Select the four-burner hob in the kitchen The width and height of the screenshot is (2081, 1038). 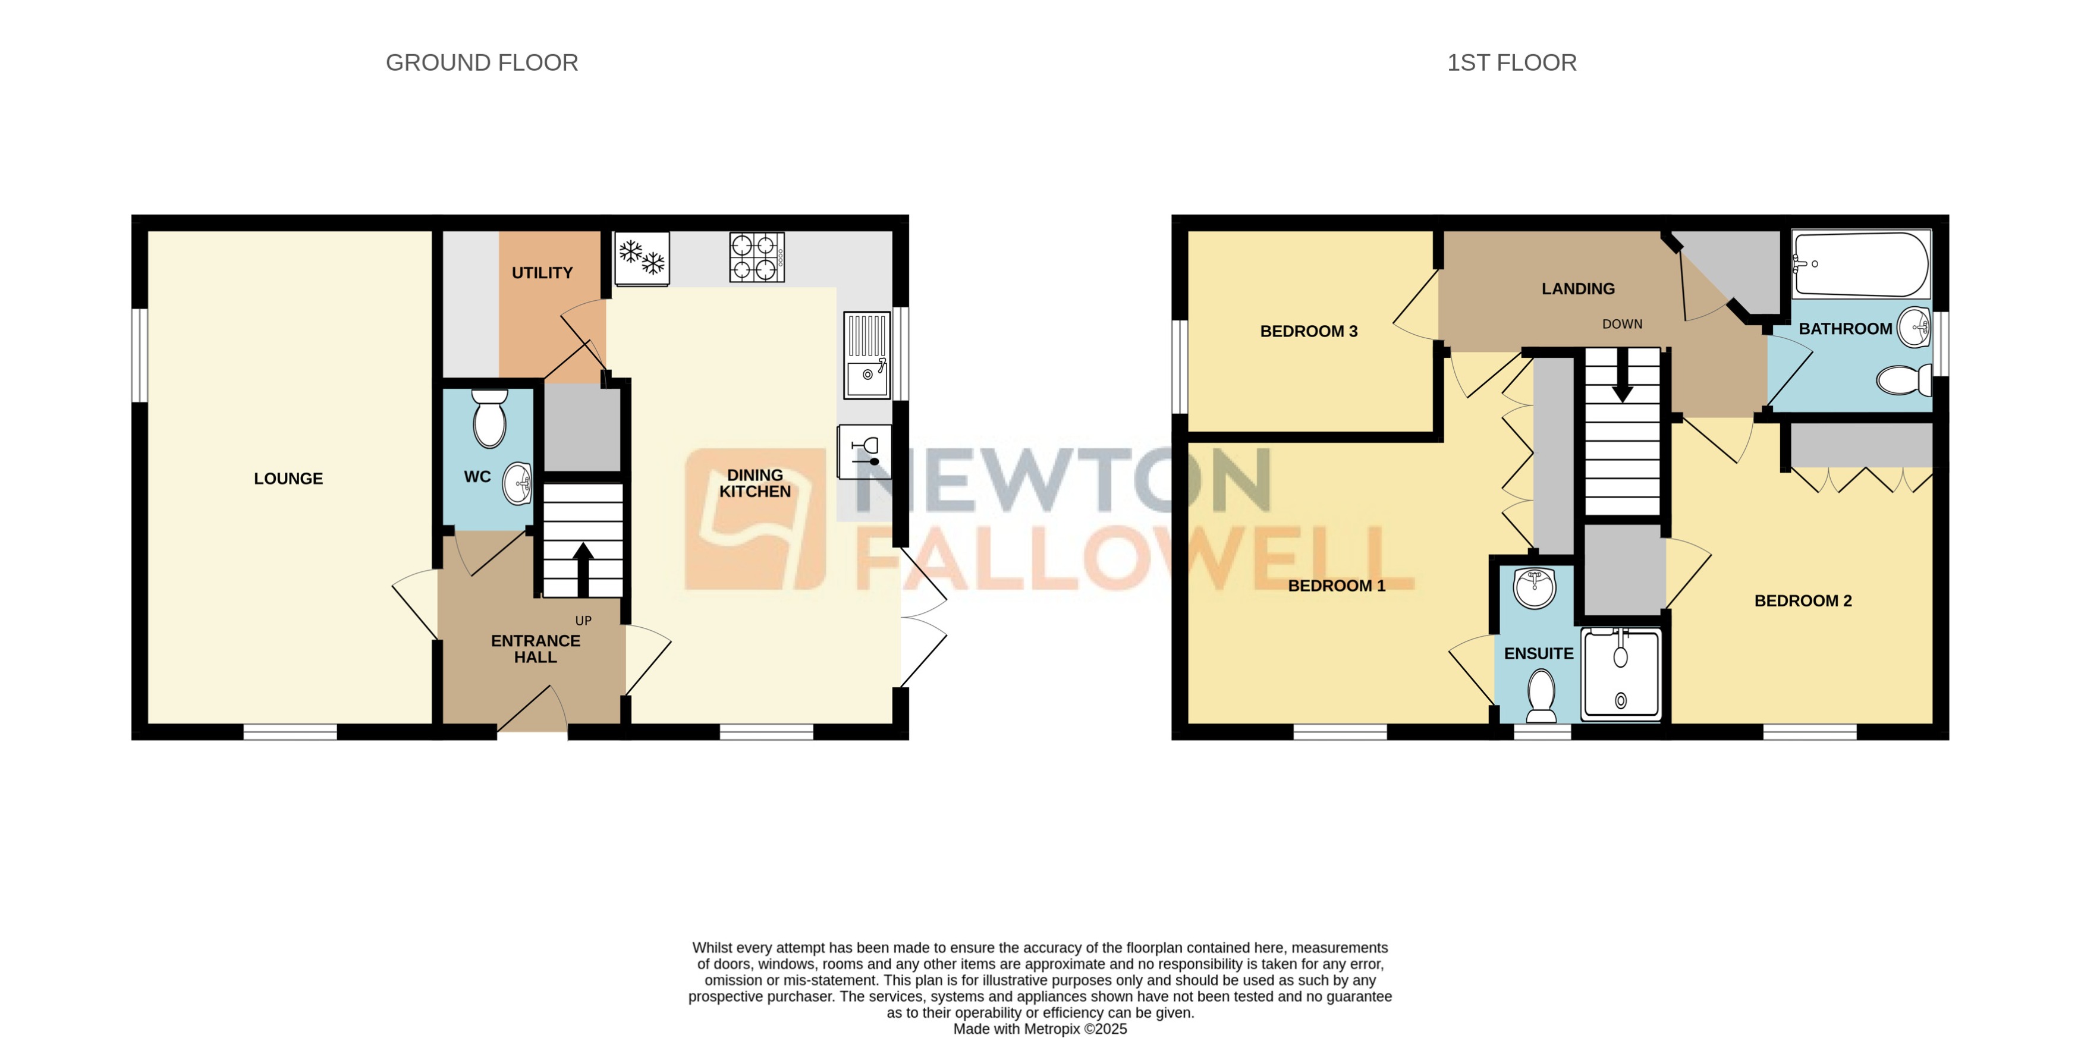click(x=756, y=257)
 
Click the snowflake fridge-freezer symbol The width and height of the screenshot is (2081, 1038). click(x=642, y=257)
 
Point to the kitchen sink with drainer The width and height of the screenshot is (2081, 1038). click(x=867, y=356)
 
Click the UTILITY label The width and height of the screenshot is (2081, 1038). click(x=542, y=273)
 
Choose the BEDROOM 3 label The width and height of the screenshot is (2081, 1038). click(x=1308, y=331)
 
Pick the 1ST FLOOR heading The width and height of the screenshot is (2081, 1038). click(x=1511, y=63)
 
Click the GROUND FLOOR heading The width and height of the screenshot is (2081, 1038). click(x=482, y=63)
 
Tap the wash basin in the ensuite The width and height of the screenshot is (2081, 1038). click(x=1534, y=587)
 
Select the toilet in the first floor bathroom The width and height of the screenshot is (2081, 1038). click(x=1903, y=380)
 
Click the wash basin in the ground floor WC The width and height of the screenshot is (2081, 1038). click(x=518, y=484)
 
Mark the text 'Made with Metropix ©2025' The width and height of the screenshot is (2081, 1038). click(x=1040, y=1029)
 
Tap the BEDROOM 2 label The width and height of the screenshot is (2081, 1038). click(x=1802, y=601)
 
